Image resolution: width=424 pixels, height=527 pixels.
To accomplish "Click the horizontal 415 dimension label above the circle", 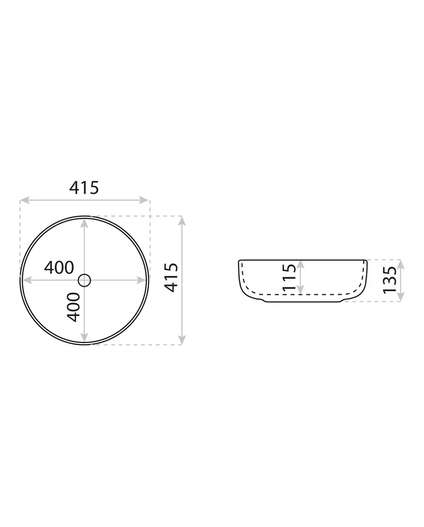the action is tap(84, 188).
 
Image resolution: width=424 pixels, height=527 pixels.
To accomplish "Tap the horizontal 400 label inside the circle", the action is tap(59, 268).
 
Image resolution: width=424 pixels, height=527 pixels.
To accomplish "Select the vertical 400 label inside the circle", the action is tap(74, 307).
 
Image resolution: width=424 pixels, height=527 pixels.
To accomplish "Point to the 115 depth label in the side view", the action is tap(289, 277).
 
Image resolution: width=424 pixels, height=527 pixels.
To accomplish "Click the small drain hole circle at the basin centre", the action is tap(84, 280).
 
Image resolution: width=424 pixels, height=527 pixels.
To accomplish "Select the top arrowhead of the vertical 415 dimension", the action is tap(182, 221).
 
